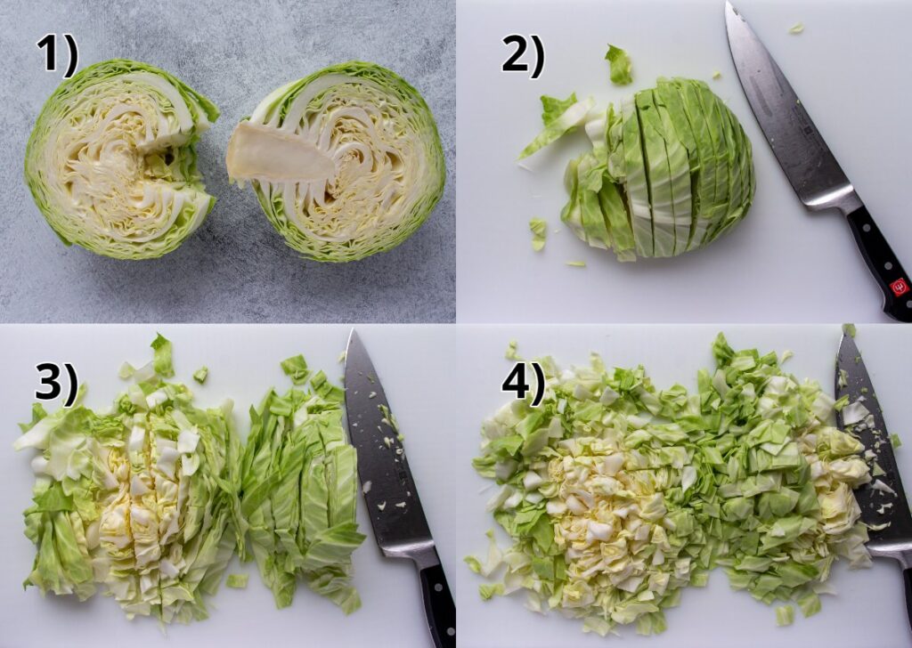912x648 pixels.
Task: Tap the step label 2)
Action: coord(523,55)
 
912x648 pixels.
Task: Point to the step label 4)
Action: coord(523,382)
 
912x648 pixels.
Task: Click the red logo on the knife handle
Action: coord(899,287)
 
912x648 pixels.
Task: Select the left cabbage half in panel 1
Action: coord(120,159)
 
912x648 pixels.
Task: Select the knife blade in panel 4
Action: coord(868,445)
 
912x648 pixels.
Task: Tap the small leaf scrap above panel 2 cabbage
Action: coord(618,65)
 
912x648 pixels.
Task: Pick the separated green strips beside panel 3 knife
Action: coord(298,481)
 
